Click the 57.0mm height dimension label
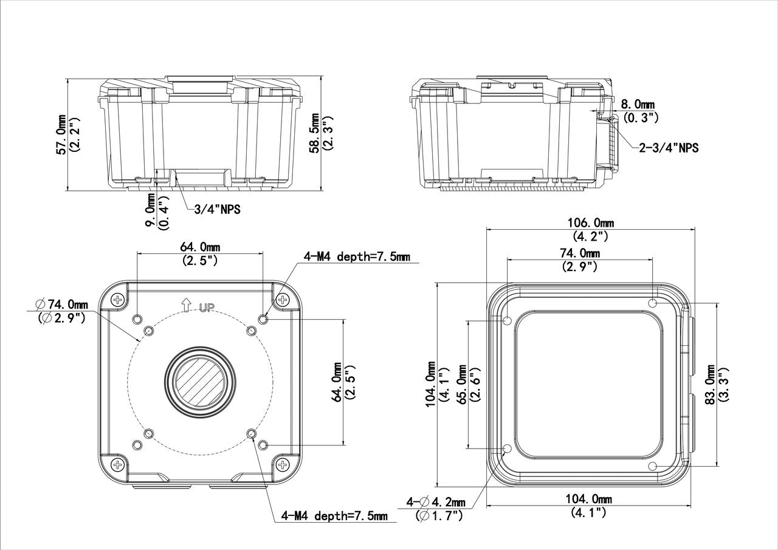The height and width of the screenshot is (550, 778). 61,134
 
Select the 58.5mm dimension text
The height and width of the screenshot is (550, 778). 315,133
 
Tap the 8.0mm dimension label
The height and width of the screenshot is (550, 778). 638,104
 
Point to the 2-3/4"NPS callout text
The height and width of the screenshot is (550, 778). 669,148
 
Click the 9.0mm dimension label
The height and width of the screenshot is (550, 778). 150,211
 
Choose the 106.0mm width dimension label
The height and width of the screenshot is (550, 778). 590,222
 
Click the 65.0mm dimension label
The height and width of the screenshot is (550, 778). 463,384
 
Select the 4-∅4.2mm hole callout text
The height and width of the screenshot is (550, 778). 436,502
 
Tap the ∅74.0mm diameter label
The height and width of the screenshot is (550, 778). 62,304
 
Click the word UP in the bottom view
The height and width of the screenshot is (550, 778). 207,308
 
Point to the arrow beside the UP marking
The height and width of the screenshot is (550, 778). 187,304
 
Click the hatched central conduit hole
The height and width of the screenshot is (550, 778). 199,382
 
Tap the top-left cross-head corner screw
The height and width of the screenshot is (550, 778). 118,299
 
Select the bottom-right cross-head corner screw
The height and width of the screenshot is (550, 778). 283,464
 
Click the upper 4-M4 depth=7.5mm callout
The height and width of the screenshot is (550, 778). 357,256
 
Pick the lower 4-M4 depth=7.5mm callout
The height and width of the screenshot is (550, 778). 334,516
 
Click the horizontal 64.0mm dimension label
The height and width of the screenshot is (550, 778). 200,247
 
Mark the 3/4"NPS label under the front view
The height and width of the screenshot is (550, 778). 217,210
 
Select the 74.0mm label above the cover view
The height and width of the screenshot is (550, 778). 580,253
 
